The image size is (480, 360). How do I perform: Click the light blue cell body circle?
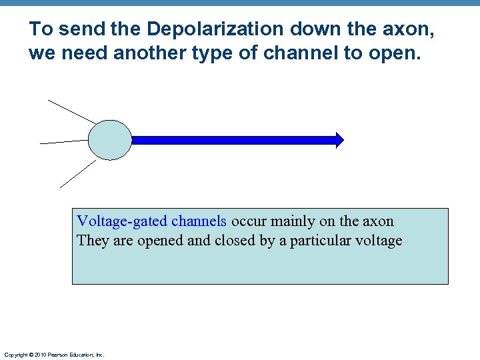coord(110,140)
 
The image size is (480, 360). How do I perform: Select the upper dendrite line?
coord(72,111)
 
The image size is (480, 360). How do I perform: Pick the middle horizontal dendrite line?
coord(64,142)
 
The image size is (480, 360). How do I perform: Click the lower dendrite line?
coord(78,173)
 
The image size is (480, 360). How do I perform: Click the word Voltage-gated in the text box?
coord(122,221)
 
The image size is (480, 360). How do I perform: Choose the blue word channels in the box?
coord(199,221)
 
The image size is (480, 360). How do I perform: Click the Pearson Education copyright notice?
coord(54,355)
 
